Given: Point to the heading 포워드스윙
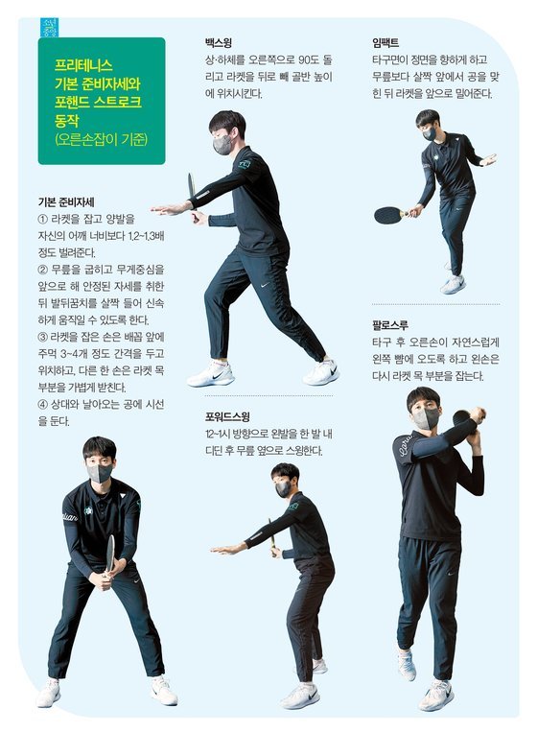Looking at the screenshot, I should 228,417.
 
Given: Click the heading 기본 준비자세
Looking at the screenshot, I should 65,202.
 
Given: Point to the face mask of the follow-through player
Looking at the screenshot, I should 426,418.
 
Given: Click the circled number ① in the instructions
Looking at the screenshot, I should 41,219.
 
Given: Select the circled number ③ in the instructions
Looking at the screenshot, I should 41,337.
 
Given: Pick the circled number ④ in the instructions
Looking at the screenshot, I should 41,404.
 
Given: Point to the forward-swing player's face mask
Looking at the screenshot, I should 283,488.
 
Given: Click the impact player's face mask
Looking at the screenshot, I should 430,133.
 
